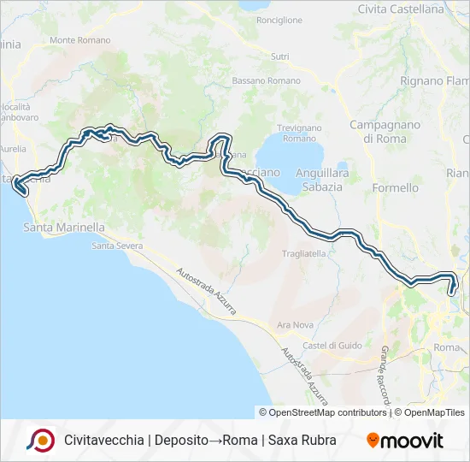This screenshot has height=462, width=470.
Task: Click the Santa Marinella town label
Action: point(64,228)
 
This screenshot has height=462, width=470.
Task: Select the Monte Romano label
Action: point(80,40)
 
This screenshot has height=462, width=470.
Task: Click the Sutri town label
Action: point(279,56)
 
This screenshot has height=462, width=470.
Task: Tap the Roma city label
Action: point(446,347)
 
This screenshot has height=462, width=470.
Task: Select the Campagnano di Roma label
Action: point(385,131)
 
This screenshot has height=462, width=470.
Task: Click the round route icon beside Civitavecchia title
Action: point(40,440)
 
